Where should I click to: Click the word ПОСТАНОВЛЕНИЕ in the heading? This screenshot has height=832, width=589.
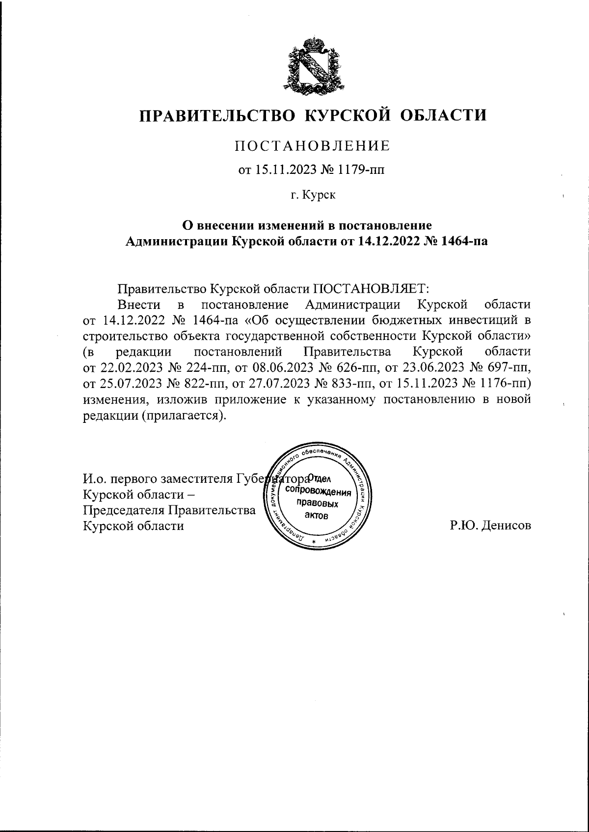(313, 146)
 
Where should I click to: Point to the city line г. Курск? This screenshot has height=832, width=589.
(313, 195)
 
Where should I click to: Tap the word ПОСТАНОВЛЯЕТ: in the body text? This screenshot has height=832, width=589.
(371, 288)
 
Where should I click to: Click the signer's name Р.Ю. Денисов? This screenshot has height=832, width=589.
(490, 526)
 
